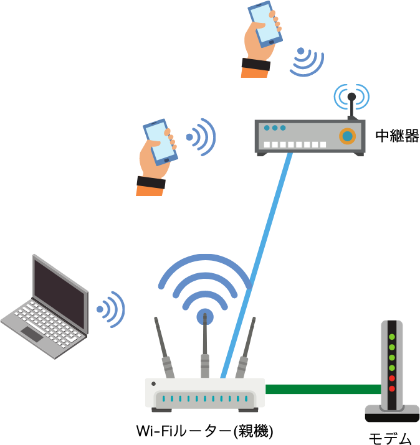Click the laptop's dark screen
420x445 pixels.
point(60,293)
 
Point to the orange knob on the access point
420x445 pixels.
point(347,136)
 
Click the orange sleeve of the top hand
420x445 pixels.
point(254,72)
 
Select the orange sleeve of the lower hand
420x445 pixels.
point(149,190)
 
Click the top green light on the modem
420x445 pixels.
point(392,337)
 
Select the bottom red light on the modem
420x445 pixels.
point(392,388)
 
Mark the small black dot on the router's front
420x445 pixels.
point(153,383)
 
